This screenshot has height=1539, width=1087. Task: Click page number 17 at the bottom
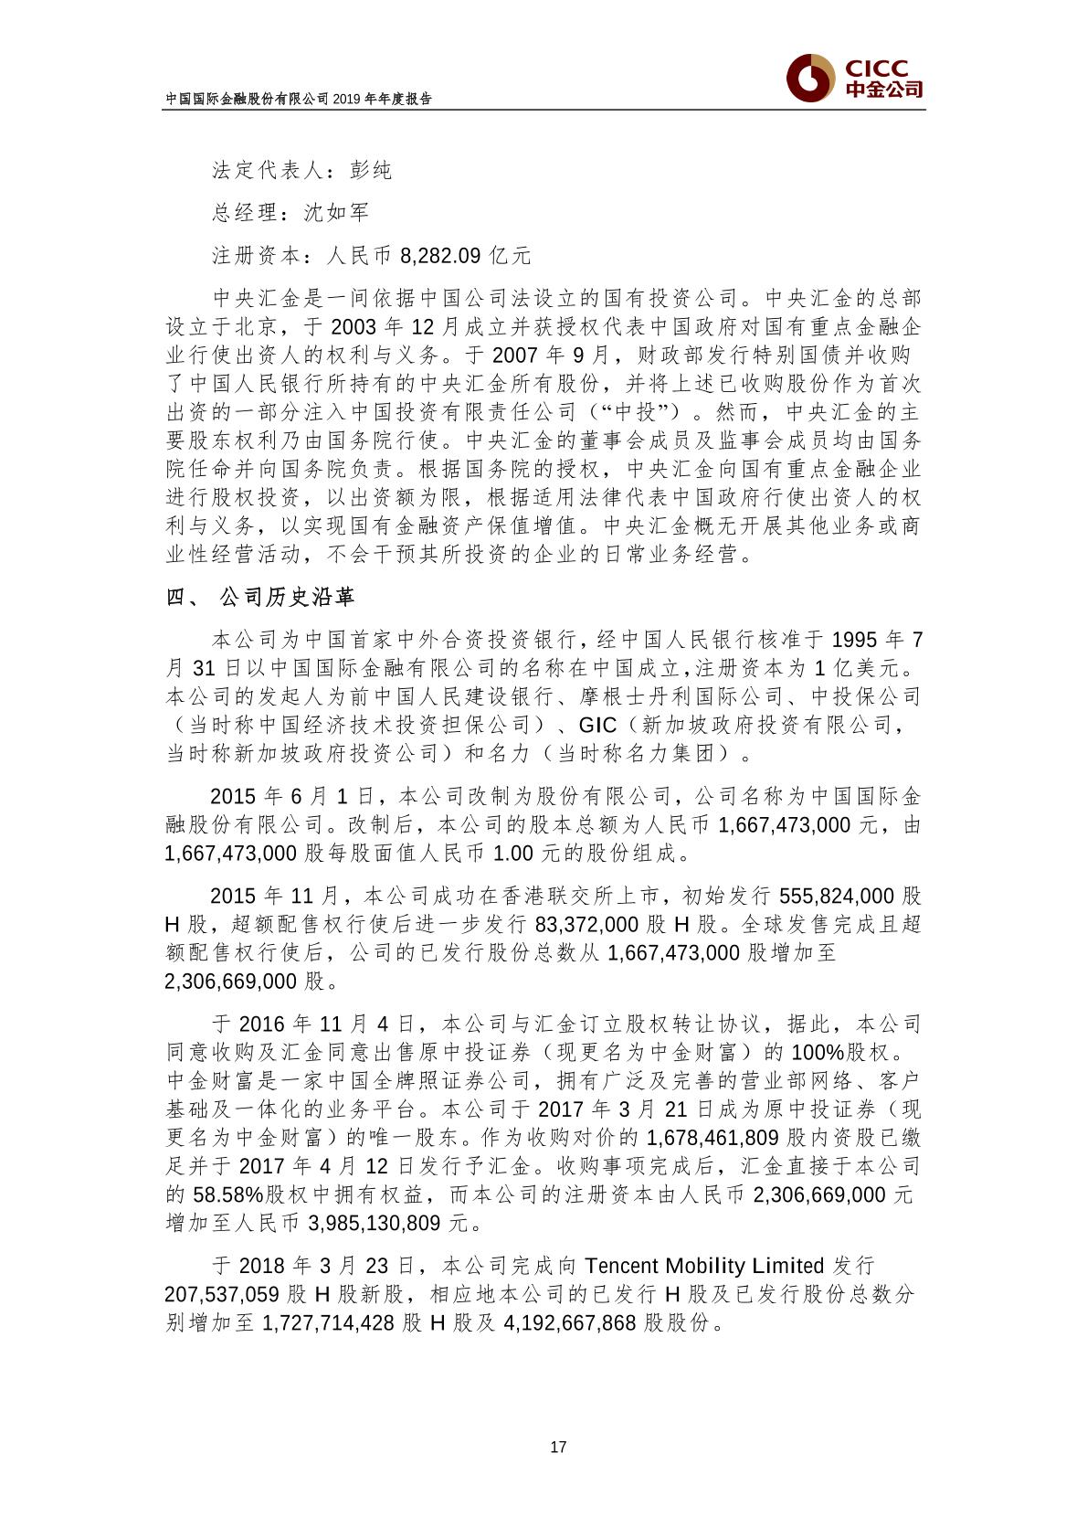559,1447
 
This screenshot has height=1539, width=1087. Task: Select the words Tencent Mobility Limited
703,1266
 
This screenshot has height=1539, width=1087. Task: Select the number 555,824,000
837,895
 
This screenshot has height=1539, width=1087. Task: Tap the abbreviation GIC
598,725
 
